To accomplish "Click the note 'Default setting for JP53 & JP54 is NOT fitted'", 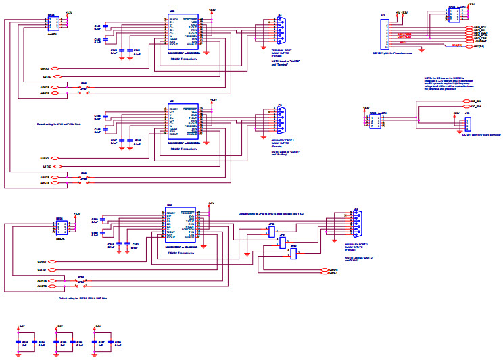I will point(83,298).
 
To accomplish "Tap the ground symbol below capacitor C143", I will point(122,59).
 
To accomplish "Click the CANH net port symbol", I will point(324,269).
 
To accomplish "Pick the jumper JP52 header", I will point(293,254).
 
